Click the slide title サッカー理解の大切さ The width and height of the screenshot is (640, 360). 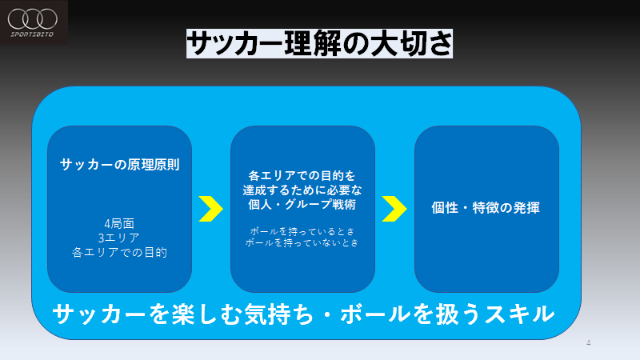(x=319, y=43)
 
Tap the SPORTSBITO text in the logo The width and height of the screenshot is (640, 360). (x=32, y=34)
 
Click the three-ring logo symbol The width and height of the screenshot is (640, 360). (x=33, y=18)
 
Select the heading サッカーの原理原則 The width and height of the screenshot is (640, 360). (x=119, y=165)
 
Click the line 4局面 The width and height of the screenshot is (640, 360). (x=119, y=223)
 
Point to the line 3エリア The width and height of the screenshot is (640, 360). (x=119, y=238)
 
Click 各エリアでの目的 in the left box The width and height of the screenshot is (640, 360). (x=119, y=252)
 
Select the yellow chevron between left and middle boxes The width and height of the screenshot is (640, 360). (x=210, y=209)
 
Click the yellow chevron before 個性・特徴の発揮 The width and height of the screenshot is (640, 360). (x=394, y=209)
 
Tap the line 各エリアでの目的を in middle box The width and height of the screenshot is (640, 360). (x=302, y=175)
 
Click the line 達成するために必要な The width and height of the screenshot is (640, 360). (x=302, y=190)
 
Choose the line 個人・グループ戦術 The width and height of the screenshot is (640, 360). (x=302, y=204)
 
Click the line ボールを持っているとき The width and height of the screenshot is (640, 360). (x=302, y=231)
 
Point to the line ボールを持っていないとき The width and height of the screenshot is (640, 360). (x=302, y=242)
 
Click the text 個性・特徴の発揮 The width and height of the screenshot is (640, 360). (x=486, y=208)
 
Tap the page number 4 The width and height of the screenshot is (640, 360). (x=589, y=343)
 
